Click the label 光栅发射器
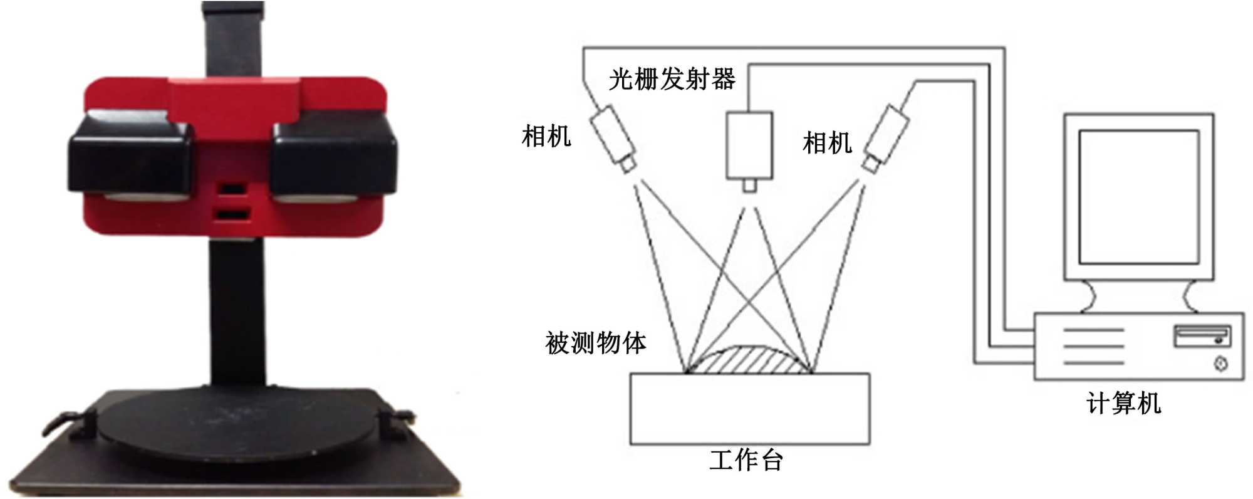point(672,80)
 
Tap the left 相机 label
point(546,136)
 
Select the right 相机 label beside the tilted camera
point(827,143)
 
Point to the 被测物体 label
point(595,343)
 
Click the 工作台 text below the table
point(746,461)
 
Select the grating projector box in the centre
point(749,145)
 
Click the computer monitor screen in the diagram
point(1138,197)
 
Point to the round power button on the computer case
point(1220,364)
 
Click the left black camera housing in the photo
point(128,157)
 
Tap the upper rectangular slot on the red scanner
point(232,189)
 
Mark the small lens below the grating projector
point(749,186)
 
